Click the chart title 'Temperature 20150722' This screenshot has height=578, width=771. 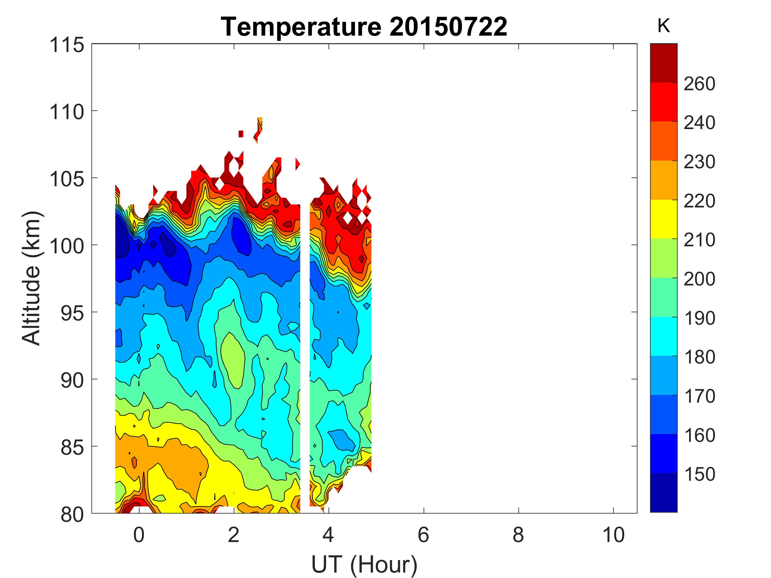click(x=364, y=27)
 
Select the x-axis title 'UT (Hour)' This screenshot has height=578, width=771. click(x=364, y=565)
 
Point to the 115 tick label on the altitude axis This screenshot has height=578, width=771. click(x=67, y=45)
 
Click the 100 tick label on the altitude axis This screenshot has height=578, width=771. click(x=67, y=246)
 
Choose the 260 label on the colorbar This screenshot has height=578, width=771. click(x=699, y=84)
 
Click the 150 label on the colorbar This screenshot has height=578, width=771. click(x=699, y=474)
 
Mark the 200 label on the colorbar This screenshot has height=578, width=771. click(x=699, y=279)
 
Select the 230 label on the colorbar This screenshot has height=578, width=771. click(x=699, y=162)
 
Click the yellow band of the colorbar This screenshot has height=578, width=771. click(x=663, y=219)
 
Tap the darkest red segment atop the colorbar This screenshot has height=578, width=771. click(x=663, y=63)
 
